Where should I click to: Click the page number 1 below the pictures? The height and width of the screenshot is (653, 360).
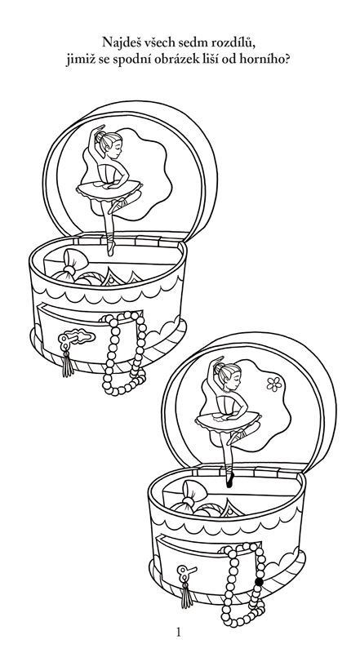click(x=179, y=632)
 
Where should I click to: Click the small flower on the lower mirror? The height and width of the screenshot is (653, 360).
click(x=274, y=384)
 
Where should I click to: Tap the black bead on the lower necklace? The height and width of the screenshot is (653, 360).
click(x=259, y=582)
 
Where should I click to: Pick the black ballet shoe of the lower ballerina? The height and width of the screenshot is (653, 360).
click(x=229, y=480)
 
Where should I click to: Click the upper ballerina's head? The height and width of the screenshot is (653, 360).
click(x=109, y=144)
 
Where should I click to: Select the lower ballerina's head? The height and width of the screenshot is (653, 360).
click(x=228, y=375)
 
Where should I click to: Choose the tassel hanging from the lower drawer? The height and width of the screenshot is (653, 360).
click(x=187, y=594)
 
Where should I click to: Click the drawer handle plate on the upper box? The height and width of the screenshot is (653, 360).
click(x=76, y=337)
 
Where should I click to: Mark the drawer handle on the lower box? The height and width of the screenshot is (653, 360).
click(x=186, y=571)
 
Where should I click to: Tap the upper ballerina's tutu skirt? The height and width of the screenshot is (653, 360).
click(x=109, y=190)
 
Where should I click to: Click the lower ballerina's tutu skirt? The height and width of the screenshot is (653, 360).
click(x=228, y=421)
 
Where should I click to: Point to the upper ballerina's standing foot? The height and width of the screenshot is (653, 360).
click(x=110, y=246)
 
